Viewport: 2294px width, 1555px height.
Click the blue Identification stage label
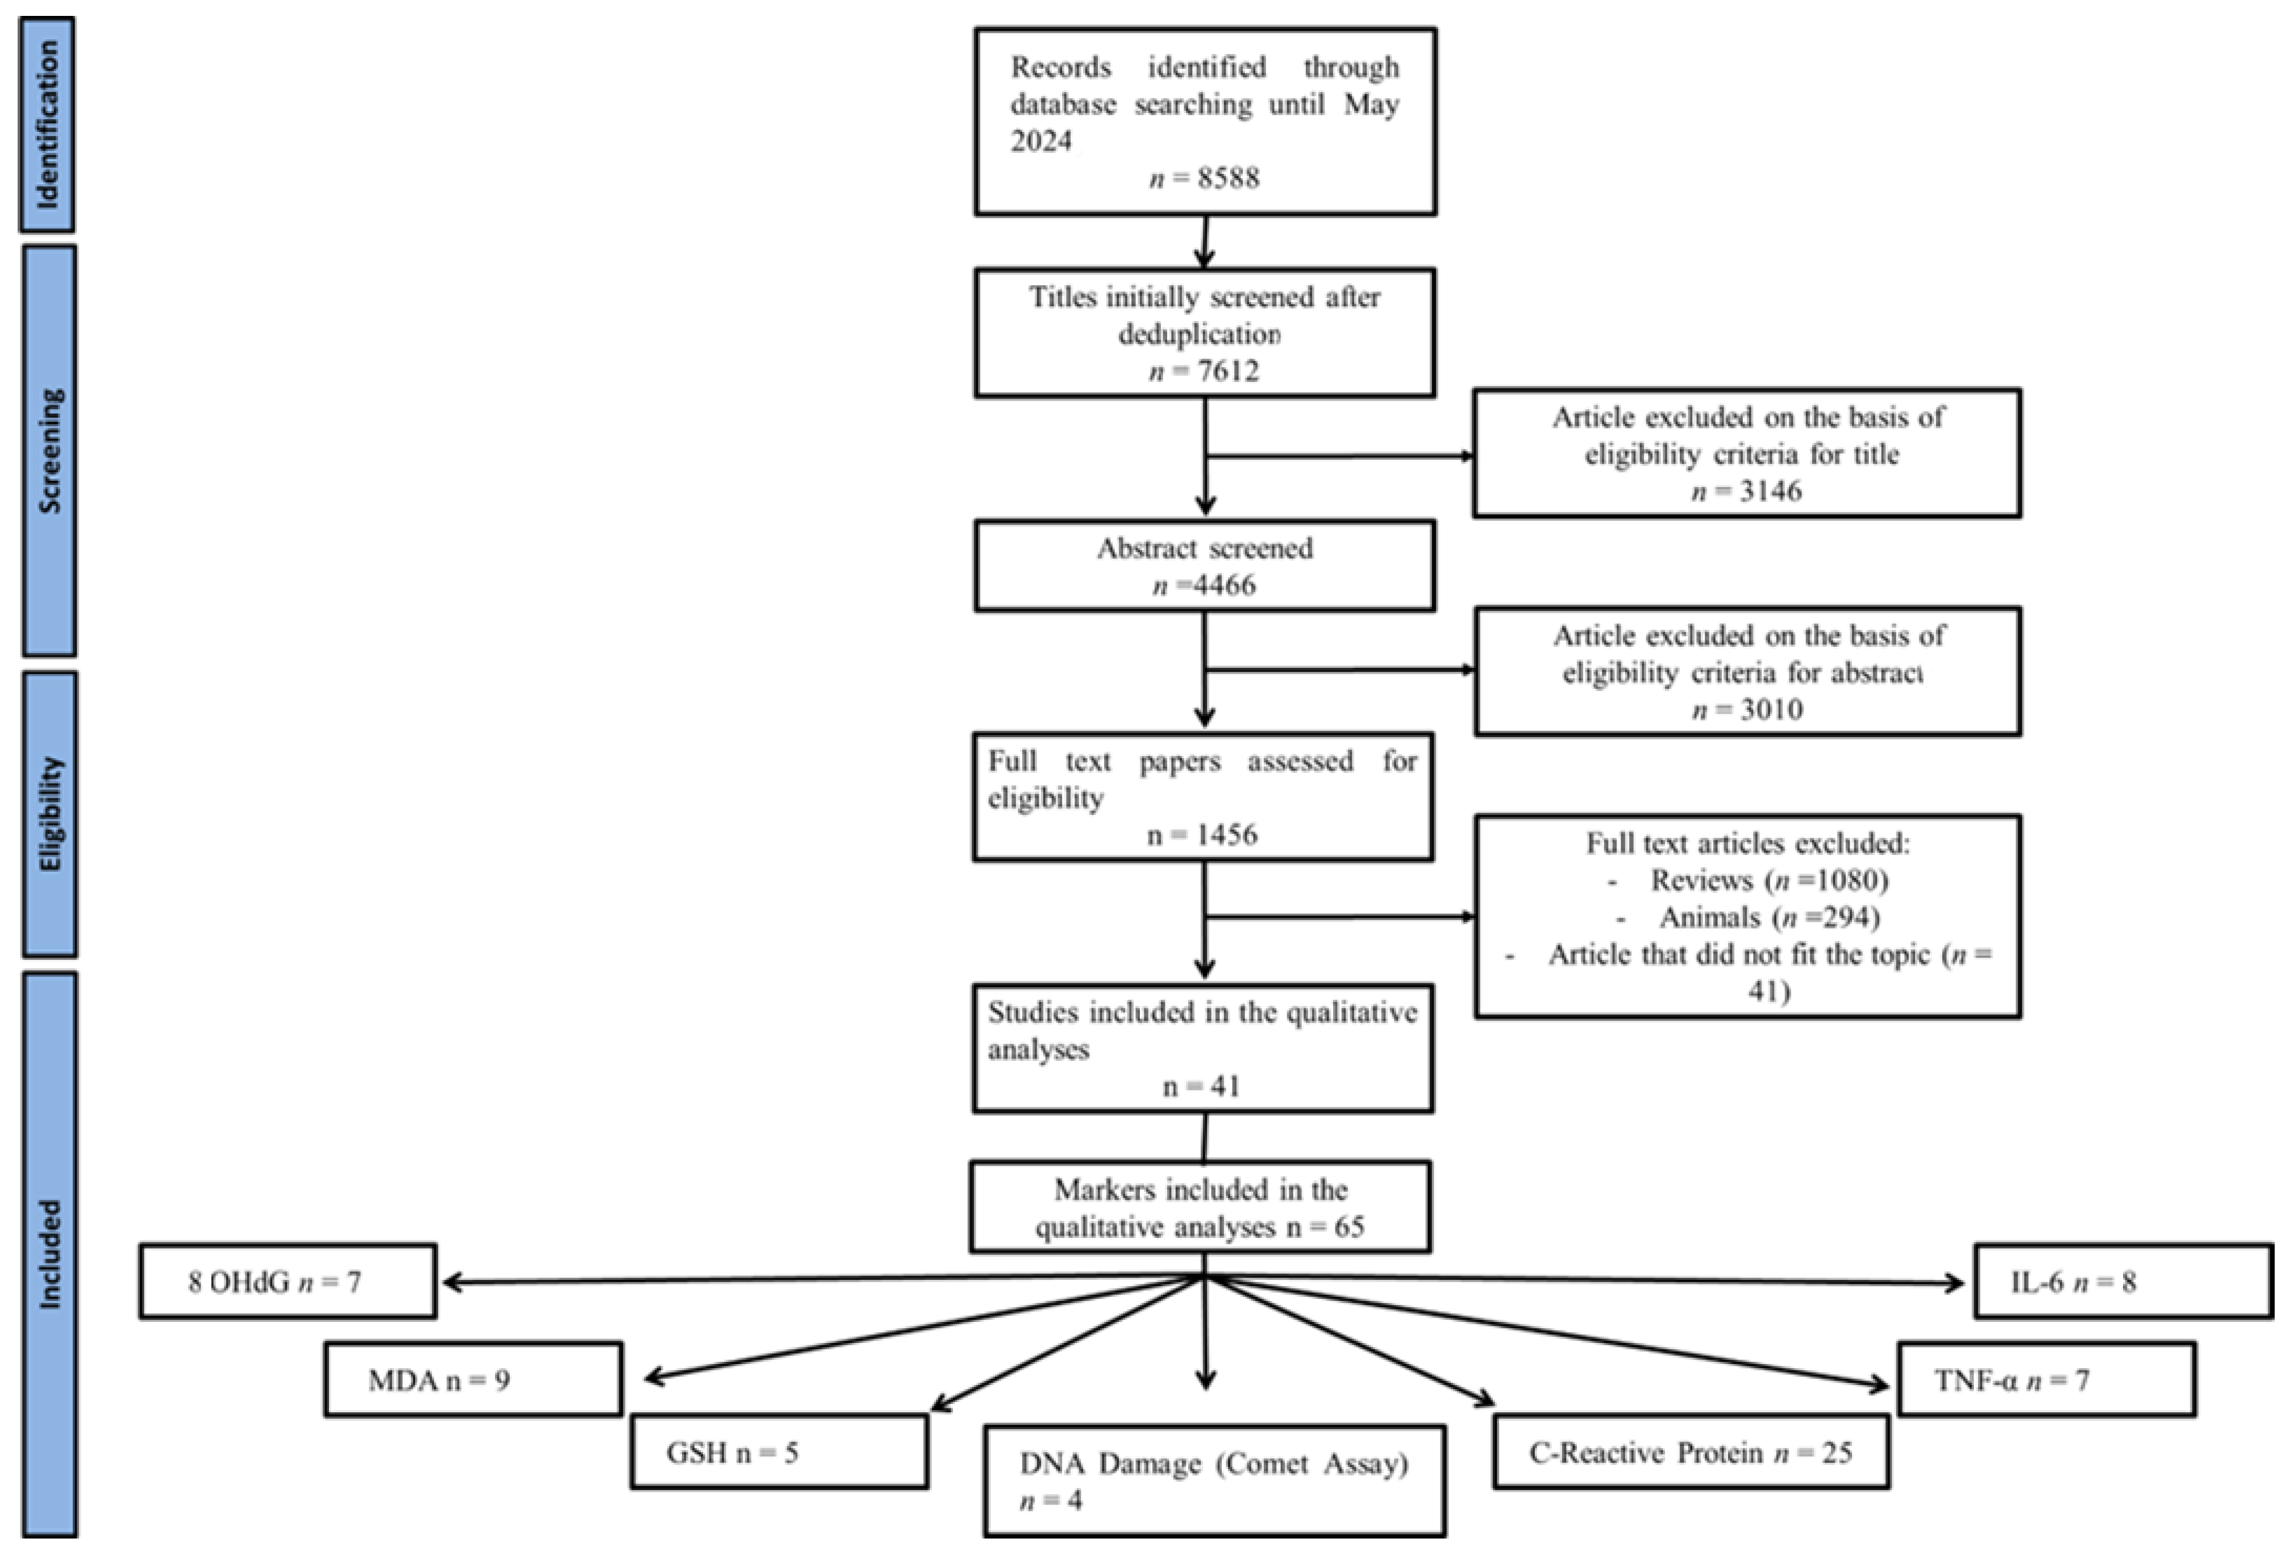(x=47, y=124)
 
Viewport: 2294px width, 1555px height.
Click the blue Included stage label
(x=49, y=1254)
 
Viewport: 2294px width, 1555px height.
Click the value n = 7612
(x=1204, y=371)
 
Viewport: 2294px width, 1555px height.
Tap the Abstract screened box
(x=1204, y=566)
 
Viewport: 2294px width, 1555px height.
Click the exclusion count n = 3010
(x=1747, y=709)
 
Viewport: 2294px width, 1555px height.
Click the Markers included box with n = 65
(x=1200, y=1208)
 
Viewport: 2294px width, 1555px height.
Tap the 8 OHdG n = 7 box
(x=287, y=1282)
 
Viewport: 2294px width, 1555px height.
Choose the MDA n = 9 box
(x=473, y=1379)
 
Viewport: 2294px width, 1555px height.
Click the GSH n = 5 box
(x=779, y=1452)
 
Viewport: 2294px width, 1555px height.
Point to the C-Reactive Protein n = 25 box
(x=1691, y=1452)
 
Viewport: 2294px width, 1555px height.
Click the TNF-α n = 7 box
(x=2046, y=1379)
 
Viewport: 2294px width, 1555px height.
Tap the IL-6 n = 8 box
(x=2123, y=1282)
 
